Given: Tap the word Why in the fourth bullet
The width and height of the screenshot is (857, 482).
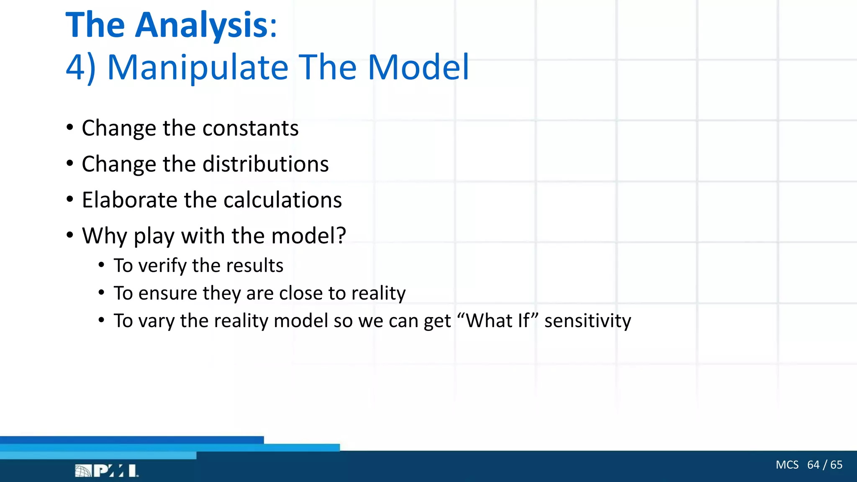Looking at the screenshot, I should [105, 236].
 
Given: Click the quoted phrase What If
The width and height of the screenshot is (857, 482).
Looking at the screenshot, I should [498, 321].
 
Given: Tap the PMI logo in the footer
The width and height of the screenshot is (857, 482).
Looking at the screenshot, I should [107, 471].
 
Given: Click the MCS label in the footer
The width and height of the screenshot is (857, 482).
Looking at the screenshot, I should [787, 465].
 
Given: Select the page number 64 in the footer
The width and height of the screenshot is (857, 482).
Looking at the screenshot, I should [813, 465].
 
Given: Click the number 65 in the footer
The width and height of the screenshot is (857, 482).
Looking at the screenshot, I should [836, 465].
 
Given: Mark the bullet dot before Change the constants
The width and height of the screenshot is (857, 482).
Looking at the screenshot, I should [70, 128].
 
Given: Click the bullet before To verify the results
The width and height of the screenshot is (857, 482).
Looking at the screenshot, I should [101, 265].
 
